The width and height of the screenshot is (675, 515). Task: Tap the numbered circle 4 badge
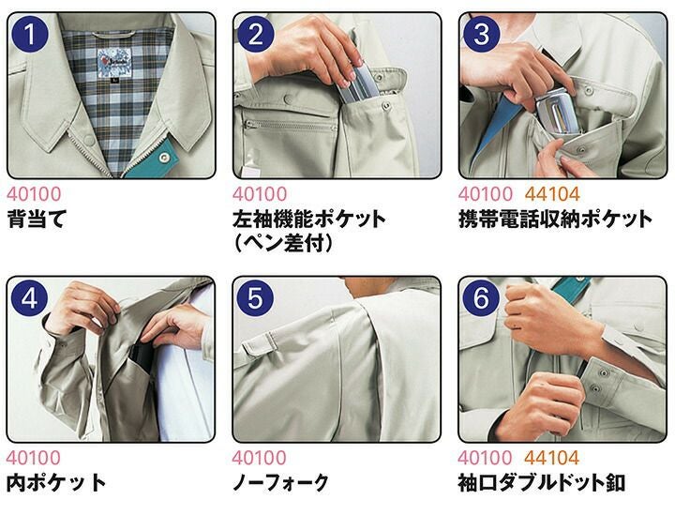click(x=29, y=298)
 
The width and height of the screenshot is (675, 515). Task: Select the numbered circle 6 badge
click(x=481, y=298)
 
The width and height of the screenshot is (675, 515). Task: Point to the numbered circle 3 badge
click(x=482, y=35)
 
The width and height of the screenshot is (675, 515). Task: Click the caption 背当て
click(x=37, y=219)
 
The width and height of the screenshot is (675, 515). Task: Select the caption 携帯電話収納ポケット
click(x=556, y=219)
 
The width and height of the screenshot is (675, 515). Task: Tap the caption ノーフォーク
click(x=280, y=482)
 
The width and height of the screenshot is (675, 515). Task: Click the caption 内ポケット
click(x=56, y=482)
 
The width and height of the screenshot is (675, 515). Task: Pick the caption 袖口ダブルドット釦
click(x=542, y=482)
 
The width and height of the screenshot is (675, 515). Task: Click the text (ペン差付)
click(x=283, y=244)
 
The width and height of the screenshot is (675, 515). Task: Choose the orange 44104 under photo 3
click(x=552, y=194)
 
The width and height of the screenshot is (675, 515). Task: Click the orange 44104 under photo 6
click(x=552, y=458)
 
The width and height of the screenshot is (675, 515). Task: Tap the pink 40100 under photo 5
click(x=259, y=458)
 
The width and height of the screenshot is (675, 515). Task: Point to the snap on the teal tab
click(x=163, y=158)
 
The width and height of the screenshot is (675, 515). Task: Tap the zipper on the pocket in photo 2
click(x=290, y=125)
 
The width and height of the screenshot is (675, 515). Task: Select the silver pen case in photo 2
click(x=358, y=84)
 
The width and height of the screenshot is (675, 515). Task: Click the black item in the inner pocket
click(x=142, y=358)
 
